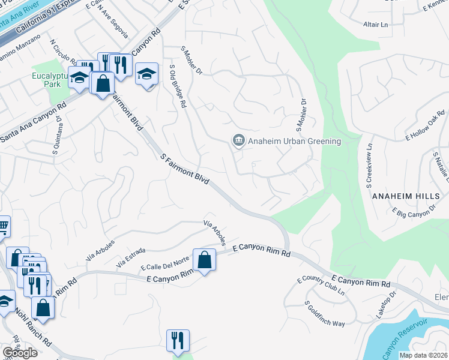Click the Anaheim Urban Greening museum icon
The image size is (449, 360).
coord(238,141)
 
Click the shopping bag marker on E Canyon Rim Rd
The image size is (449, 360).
coord(205,260)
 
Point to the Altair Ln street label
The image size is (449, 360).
coord(376,25)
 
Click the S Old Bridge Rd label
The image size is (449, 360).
coord(179,87)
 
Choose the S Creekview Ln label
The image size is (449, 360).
coord(369,163)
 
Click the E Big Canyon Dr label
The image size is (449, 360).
coord(414,211)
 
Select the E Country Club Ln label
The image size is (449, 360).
coord(321,285)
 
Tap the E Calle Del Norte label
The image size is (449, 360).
coord(164,263)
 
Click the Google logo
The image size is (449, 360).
coord(20,353)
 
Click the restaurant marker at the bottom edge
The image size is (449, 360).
coord(178,341)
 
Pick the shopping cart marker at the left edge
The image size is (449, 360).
coord(2,227)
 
